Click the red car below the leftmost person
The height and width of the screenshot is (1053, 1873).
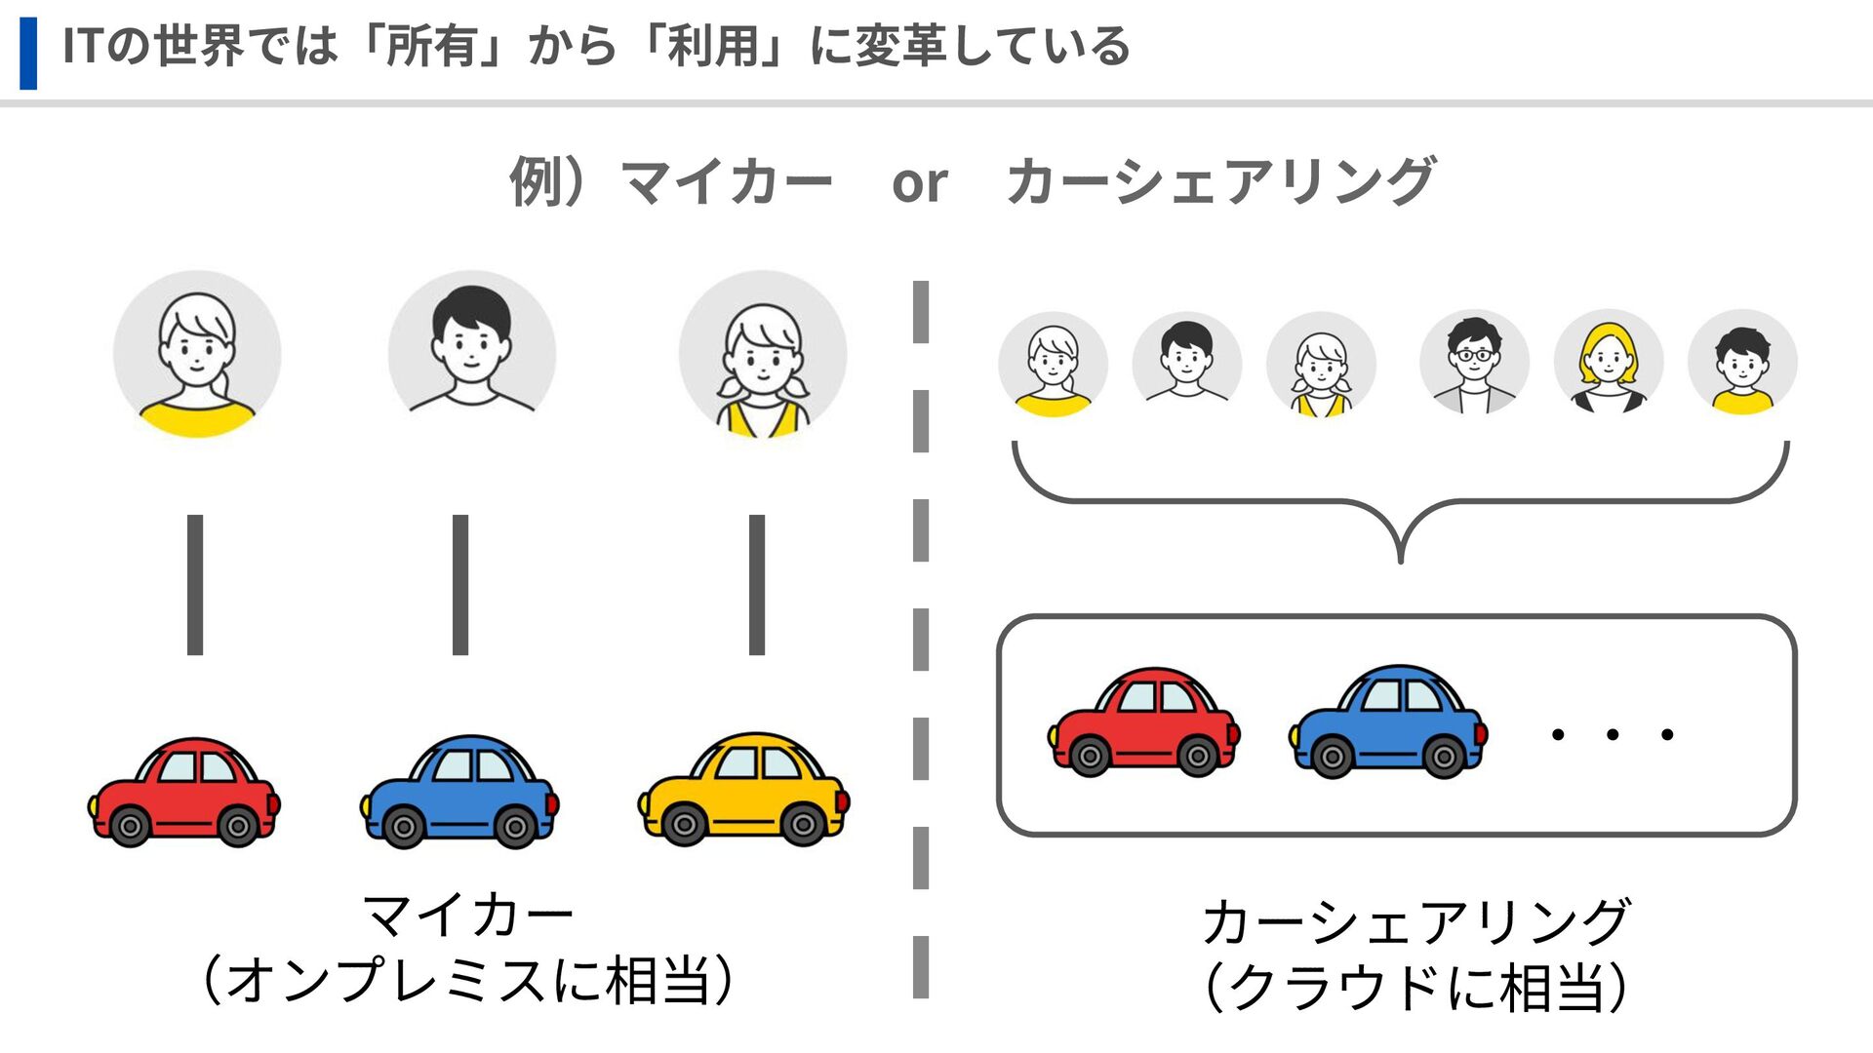point(184,792)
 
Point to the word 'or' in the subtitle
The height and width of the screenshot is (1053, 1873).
point(919,183)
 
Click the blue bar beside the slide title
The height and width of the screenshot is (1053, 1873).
point(28,53)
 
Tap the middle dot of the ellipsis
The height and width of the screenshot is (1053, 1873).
point(1613,734)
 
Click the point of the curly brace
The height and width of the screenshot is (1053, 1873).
point(1401,558)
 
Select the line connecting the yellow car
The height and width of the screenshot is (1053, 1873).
point(757,585)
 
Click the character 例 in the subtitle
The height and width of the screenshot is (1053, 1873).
point(536,182)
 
